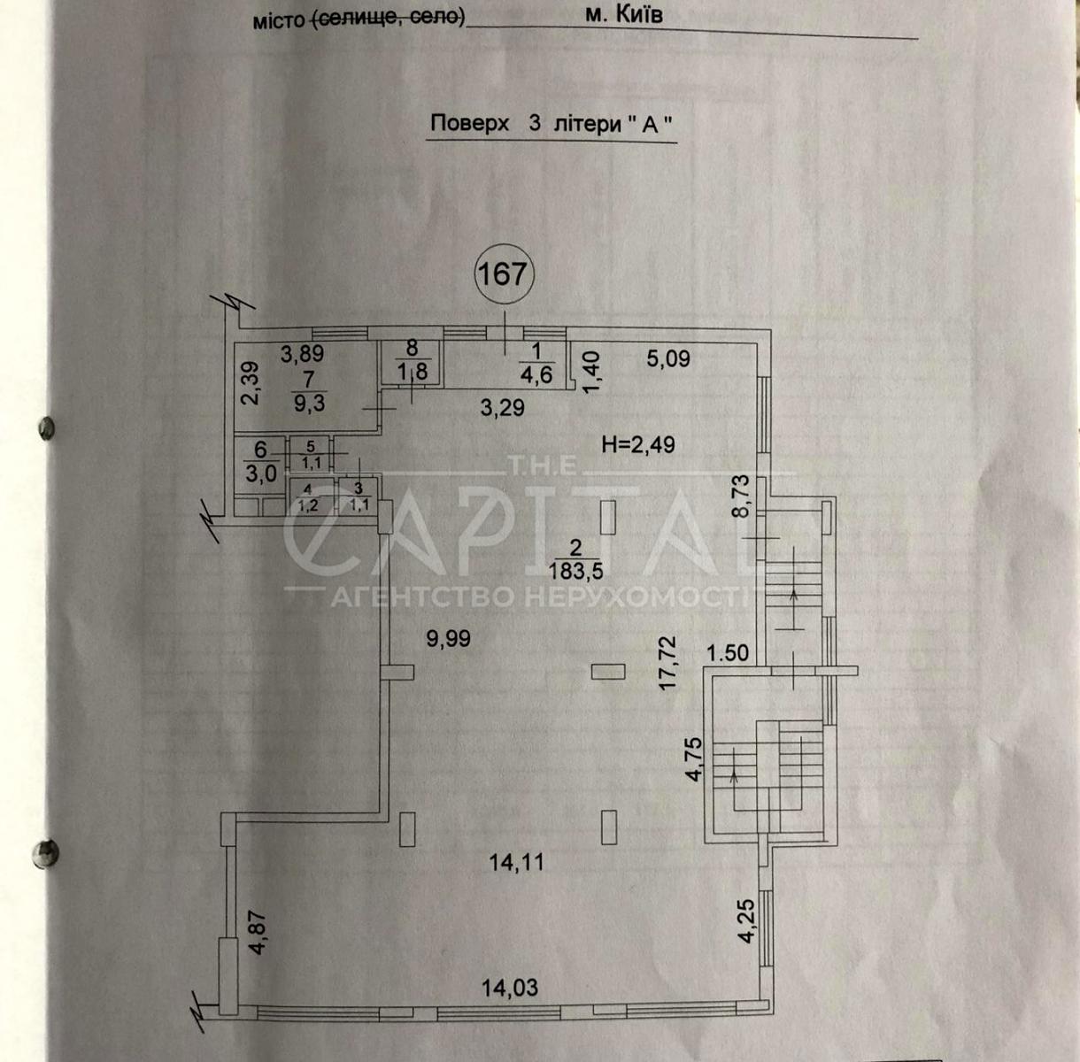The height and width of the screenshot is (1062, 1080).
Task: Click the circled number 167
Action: (505, 274)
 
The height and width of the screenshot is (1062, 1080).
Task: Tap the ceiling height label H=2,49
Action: (637, 445)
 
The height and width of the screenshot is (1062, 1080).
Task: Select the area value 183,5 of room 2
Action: (575, 572)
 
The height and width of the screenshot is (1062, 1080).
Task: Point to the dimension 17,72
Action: (668, 663)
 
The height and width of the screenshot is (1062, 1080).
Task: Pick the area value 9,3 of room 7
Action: (309, 404)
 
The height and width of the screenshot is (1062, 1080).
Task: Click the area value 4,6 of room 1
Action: (536, 375)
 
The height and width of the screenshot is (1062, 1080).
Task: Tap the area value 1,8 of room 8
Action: (413, 371)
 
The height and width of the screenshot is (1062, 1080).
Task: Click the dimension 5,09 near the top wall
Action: (668, 358)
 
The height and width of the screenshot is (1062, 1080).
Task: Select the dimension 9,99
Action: (448, 639)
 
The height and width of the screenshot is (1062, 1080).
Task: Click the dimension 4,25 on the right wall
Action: (746, 921)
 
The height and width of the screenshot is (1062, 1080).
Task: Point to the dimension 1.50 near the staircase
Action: (728, 653)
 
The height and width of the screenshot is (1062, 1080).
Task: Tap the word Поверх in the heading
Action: (470, 123)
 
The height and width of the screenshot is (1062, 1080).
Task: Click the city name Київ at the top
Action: (639, 15)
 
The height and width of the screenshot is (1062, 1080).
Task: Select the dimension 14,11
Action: (517, 863)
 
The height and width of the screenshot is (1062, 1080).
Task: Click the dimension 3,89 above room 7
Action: (302, 354)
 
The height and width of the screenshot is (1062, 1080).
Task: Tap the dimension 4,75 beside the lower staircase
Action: (693, 760)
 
